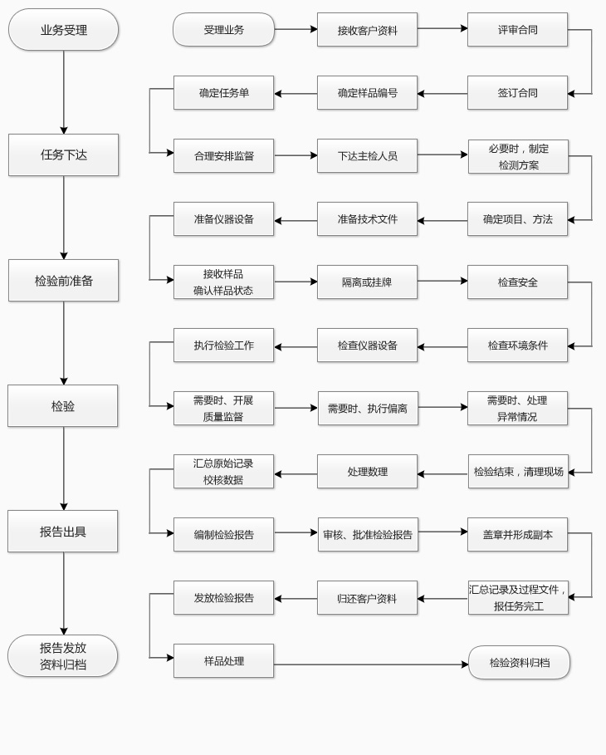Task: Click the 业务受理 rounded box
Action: pyautogui.click(x=63, y=30)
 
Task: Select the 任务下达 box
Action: pyautogui.click(x=63, y=154)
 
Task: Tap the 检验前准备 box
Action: pyautogui.click(x=63, y=280)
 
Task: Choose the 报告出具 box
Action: pyautogui.click(x=63, y=531)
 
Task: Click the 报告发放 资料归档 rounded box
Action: pyautogui.click(x=63, y=656)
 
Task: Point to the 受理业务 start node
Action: pyautogui.click(x=223, y=30)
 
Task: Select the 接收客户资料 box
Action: pyautogui.click(x=367, y=30)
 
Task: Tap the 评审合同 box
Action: pyautogui.click(x=517, y=30)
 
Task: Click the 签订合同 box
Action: pyautogui.click(x=517, y=93)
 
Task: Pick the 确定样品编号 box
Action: pyautogui.click(x=367, y=93)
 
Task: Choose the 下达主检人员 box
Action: pyautogui.click(x=367, y=156)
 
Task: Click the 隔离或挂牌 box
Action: pyautogui.click(x=367, y=282)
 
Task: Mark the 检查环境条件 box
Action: pyautogui.click(x=517, y=346)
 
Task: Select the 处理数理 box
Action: pyautogui.click(x=367, y=472)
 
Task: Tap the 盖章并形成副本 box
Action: pyautogui.click(x=517, y=535)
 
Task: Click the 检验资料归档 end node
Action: pyautogui.click(x=519, y=663)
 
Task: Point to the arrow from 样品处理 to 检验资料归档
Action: pyautogui.click(x=370, y=664)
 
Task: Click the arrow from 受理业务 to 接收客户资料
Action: pyautogui.click(x=296, y=29)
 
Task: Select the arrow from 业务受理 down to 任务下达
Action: pyautogui.click(x=64, y=91)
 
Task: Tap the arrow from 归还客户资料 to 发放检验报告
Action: pyautogui.click(x=296, y=599)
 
